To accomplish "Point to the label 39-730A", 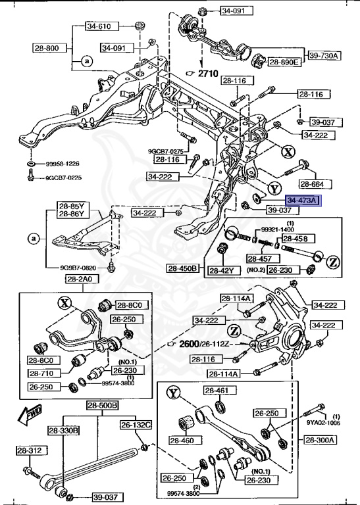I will (x=323, y=55).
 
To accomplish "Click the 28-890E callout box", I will (x=284, y=62).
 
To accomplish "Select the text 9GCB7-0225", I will (x=64, y=178).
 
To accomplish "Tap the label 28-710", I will (x=44, y=372).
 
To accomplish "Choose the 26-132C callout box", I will (x=136, y=424).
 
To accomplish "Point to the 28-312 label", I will (x=30, y=450).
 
